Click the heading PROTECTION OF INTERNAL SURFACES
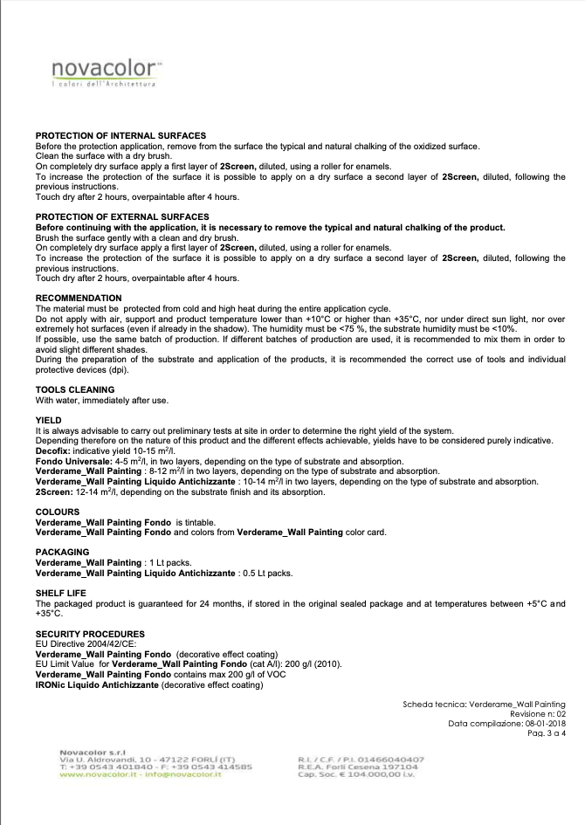(x=120, y=135)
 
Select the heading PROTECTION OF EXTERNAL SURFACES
(x=121, y=217)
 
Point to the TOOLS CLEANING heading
(x=74, y=389)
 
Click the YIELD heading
(x=49, y=421)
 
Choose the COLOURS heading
(x=58, y=512)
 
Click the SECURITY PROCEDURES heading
(x=90, y=633)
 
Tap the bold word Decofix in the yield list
(x=52, y=451)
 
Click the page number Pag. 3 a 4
(x=547, y=733)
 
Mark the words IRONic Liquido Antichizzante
(x=98, y=685)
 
